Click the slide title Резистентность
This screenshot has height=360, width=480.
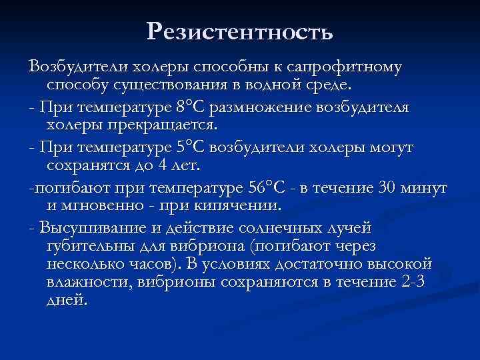(239, 31)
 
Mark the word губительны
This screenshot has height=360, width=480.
(91, 247)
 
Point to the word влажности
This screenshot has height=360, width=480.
(87, 282)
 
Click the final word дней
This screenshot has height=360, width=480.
(67, 300)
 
